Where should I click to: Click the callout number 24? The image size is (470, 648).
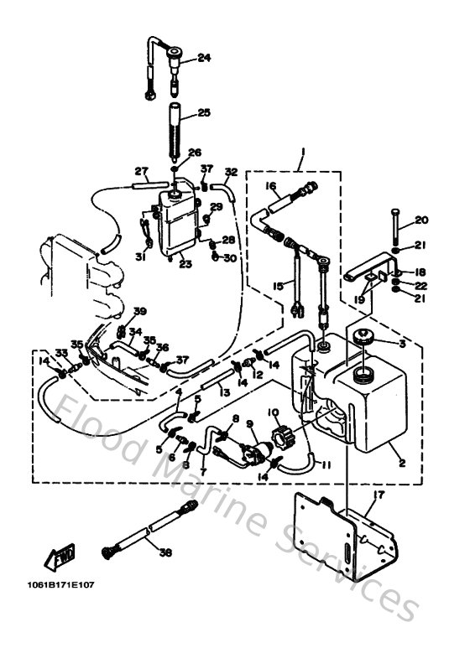204,58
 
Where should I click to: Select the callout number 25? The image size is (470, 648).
204,112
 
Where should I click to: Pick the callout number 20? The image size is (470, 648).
421,220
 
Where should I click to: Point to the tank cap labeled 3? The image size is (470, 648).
366,338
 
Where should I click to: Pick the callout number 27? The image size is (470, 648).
141,169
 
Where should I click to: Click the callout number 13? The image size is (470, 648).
222,392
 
